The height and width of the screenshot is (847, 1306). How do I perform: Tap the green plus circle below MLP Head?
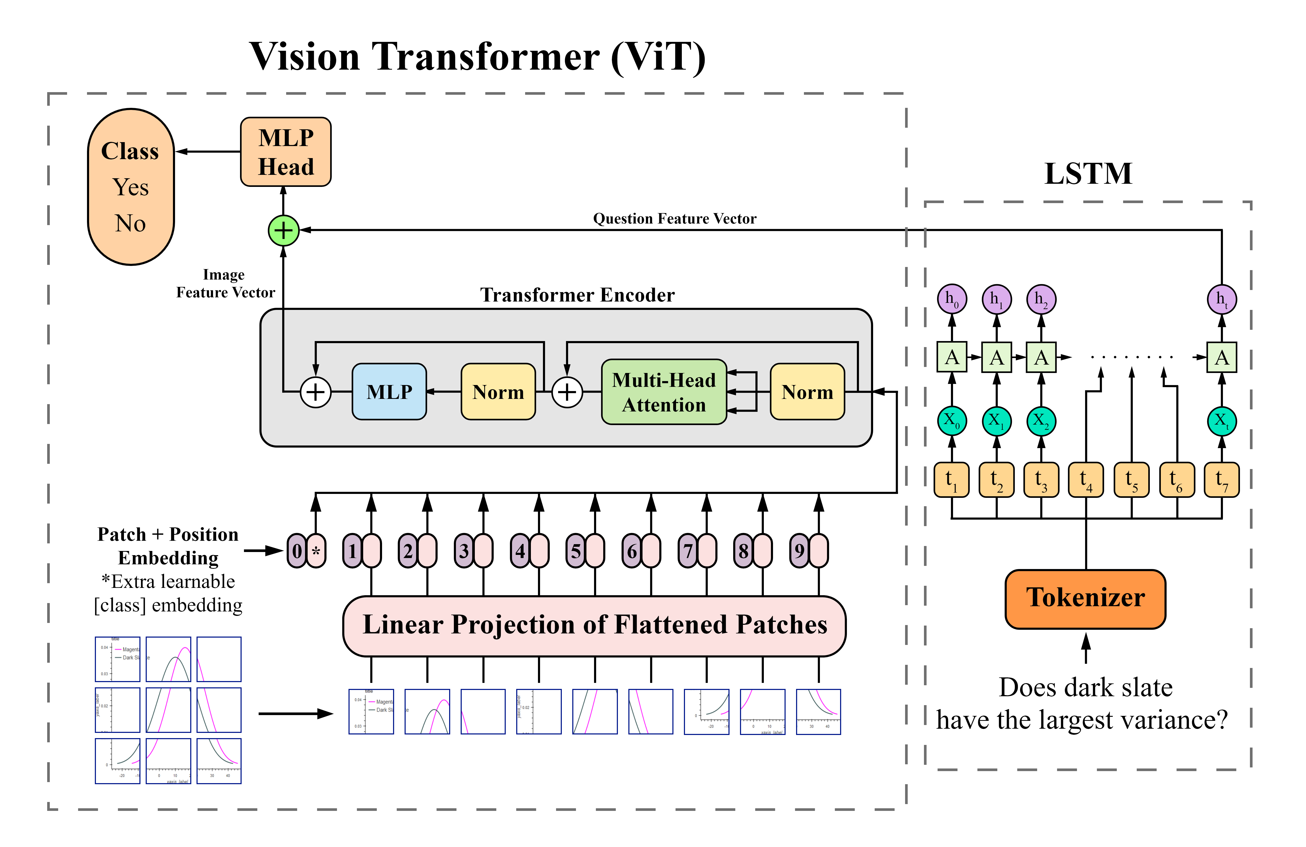[x=283, y=230]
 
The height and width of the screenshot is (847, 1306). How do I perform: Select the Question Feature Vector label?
[x=674, y=219]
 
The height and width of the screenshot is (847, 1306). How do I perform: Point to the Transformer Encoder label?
[x=577, y=295]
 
